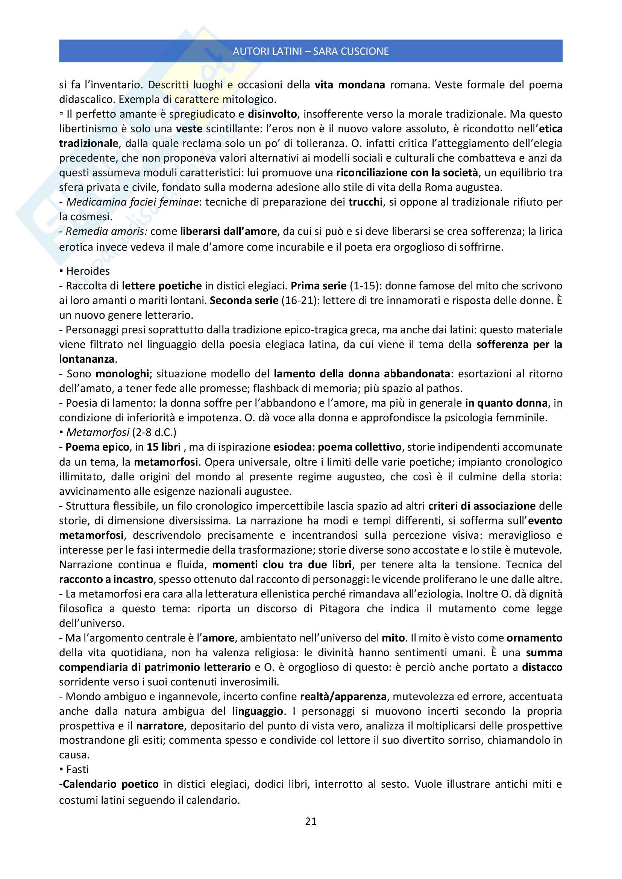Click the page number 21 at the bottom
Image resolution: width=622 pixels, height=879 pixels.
pyautogui.click(x=311, y=821)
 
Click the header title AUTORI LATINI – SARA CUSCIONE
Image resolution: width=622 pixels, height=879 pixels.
pyautogui.click(x=311, y=51)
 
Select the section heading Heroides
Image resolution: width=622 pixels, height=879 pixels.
pyautogui.click(x=88, y=271)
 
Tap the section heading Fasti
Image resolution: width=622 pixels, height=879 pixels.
pyautogui.click(x=77, y=769)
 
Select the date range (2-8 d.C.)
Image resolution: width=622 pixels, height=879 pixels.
pyautogui.click(x=154, y=432)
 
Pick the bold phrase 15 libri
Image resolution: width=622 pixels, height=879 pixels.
pyautogui.click(x=164, y=447)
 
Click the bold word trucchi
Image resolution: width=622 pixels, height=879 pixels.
pyautogui.click(x=366, y=202)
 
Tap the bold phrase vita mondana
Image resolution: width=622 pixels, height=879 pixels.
pyautogui.click(x=350, y=85)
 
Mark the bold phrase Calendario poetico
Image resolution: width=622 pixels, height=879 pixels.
pyautogui.click(x=111, y=784)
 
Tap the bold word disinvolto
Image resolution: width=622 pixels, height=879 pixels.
pyautogui.click(x=272, y=114)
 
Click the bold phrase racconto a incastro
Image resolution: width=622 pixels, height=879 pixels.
pyautogui.click(x=106, y=579)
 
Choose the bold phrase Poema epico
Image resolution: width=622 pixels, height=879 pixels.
pyautogui.click(x=97, y=447)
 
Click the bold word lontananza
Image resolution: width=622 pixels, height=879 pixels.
pyautogui.click(x=87, y=359)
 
